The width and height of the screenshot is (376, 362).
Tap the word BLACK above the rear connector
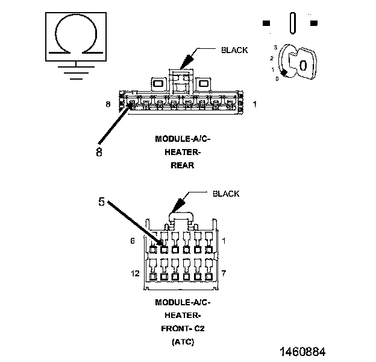tap(234, 50)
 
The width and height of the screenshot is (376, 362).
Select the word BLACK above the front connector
tap(226, 194)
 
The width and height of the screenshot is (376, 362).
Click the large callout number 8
tap(99, 151)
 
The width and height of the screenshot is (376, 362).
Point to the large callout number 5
tap(101, 202)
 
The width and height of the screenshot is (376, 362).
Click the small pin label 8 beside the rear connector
tap(108, 104)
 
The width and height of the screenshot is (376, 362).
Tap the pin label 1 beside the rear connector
tap(255, 104)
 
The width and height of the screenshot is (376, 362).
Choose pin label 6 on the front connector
tap(133, 241)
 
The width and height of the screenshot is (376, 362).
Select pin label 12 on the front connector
tap(135, 273)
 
